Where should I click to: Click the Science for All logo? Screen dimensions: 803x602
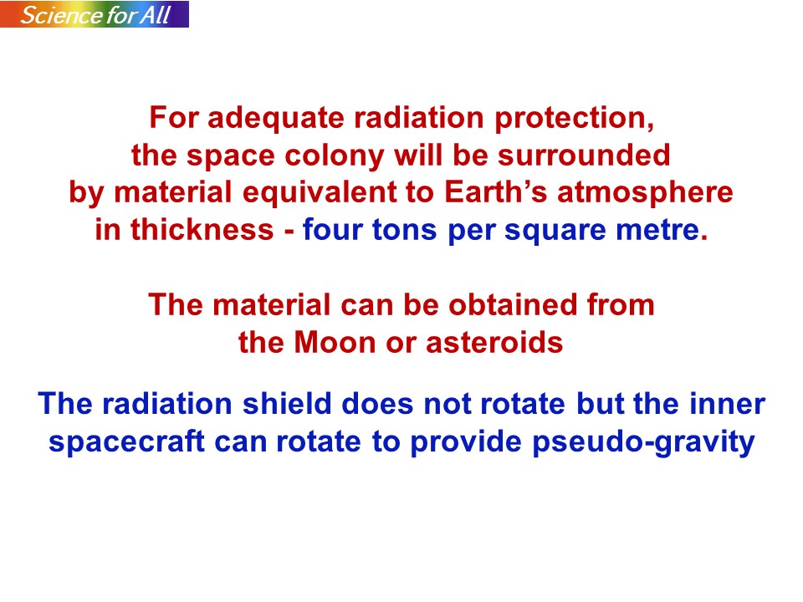point(95,14)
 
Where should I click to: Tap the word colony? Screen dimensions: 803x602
point(334,156)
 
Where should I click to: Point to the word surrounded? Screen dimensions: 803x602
point(584,156)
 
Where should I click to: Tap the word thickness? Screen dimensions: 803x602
point(202,229)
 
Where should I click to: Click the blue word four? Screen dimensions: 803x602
point(332,229)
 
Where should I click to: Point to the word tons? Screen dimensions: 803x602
point(405,231)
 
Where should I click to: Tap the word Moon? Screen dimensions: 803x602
point(335,343)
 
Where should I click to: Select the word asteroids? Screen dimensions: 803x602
point(494,343)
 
